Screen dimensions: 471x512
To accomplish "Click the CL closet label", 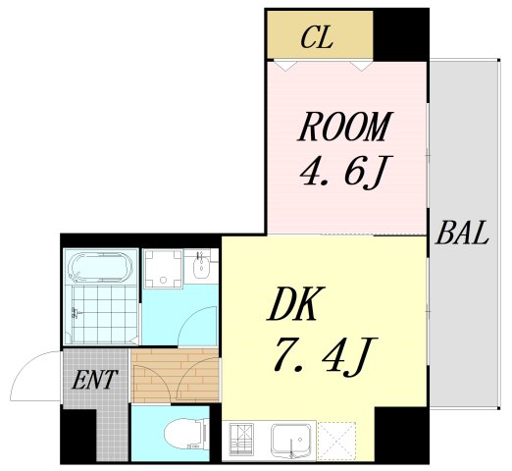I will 317,39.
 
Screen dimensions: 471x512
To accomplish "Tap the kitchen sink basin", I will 291,438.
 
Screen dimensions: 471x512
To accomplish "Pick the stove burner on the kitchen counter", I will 240,440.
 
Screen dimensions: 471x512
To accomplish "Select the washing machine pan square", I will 162,268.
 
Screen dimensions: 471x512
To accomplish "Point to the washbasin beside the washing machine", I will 203,267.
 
